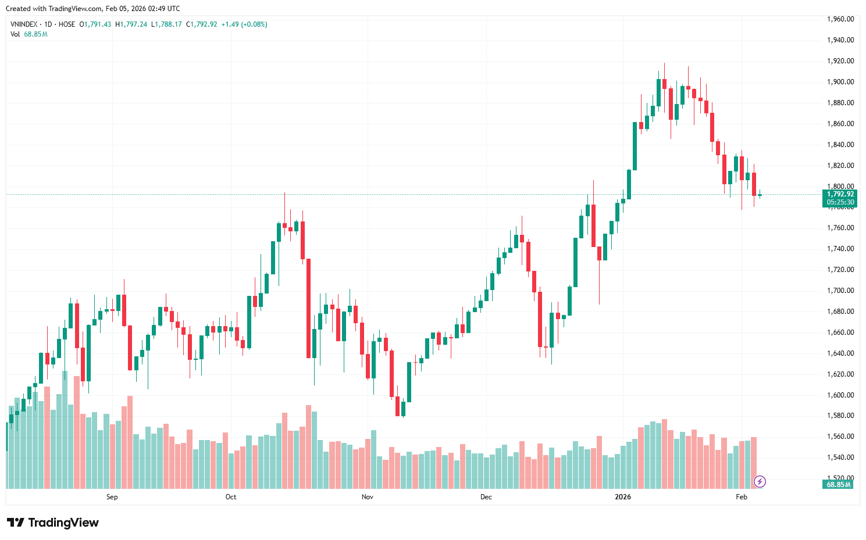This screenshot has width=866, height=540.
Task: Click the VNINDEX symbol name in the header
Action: pos(24,24)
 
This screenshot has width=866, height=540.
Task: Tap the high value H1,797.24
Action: pos(131,24)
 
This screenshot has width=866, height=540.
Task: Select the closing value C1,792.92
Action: pos(201,24)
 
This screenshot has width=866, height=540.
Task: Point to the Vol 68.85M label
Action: pos(28,34)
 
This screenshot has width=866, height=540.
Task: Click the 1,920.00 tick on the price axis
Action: pos(840,61)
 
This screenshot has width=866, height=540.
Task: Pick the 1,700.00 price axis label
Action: pos(840,291)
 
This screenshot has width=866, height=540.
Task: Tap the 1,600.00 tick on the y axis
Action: pos(840,395)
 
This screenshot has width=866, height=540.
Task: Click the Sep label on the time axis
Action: pos(112,497)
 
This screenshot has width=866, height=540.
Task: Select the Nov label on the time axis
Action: pos(367,497)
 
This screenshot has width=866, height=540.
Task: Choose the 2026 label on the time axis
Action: pos(622,497)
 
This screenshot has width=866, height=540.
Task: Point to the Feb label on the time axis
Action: pos(741,497)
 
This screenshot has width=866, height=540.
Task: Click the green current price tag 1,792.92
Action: pos(840,194)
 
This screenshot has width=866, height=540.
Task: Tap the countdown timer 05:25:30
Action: pos(840,202)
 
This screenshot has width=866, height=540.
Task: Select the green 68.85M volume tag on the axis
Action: pos(838,484)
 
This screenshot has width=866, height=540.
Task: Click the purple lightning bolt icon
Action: pos(760,481)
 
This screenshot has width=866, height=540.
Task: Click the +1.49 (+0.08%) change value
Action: pos(244,24)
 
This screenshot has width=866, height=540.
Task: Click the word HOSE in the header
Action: pos(67,24)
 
